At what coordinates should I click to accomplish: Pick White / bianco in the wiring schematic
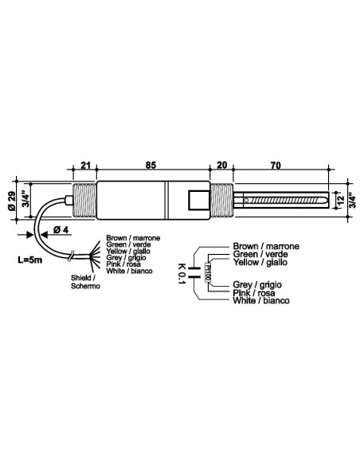pos(261,301)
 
